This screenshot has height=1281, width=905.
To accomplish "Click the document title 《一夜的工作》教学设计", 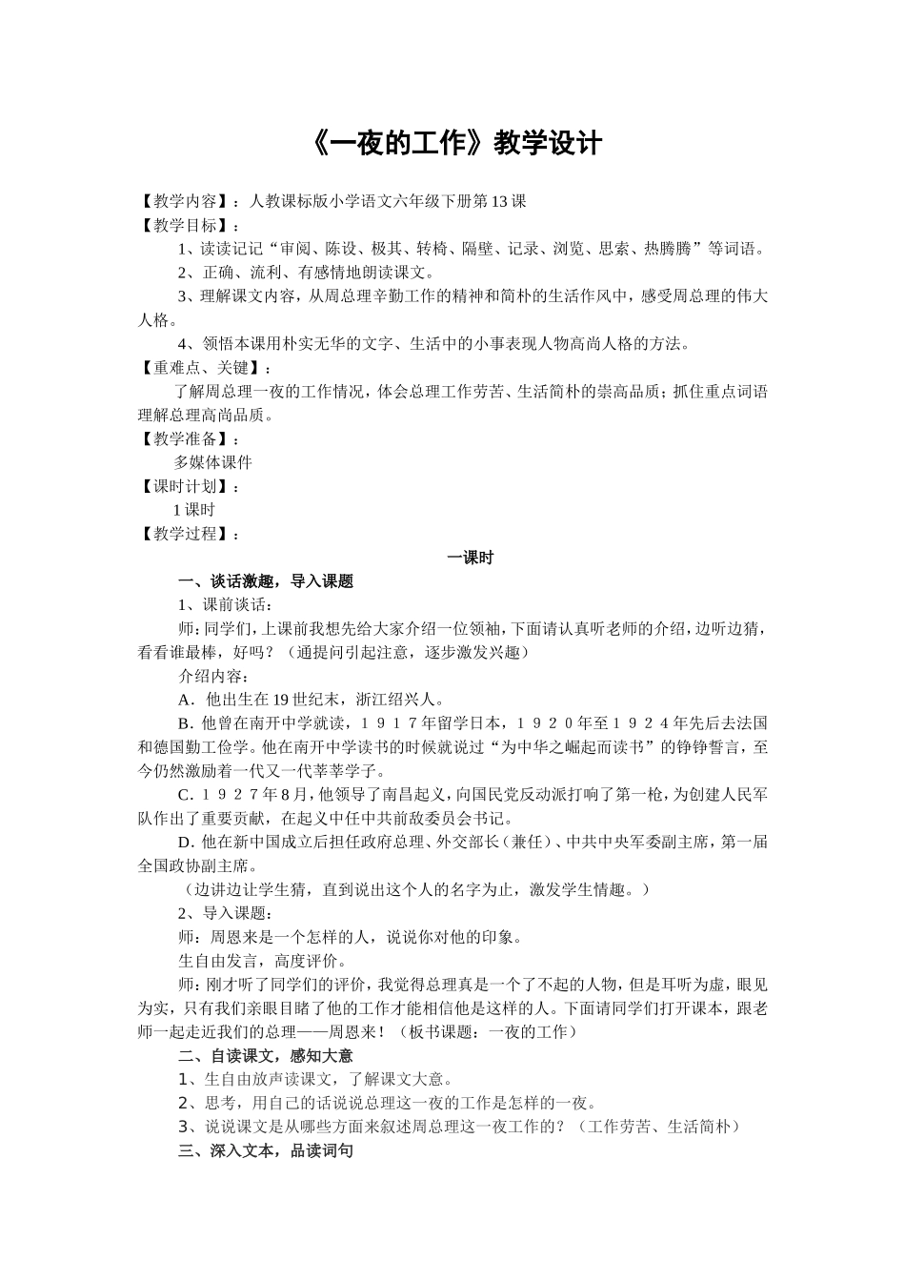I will click(x=457, y=144).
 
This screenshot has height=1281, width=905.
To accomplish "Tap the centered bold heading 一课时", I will click(x=471, y=558).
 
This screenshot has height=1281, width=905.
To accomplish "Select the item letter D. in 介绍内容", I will click(x=187, y=842).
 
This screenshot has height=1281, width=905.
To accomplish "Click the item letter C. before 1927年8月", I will click(x=186, y=795).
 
